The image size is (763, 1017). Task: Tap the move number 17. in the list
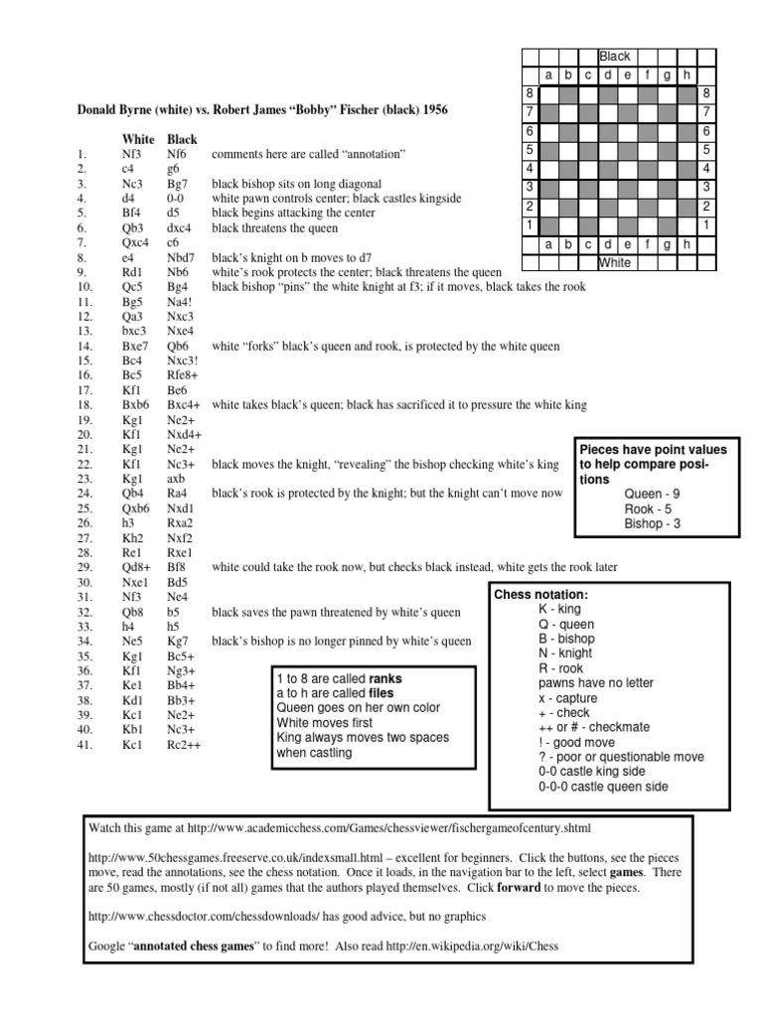coord(82,390)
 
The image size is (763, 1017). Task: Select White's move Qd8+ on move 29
coord(136,566)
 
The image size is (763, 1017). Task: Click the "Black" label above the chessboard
coord(613,57)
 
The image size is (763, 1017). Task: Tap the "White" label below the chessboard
coord(613,262)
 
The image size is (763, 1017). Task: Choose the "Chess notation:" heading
coord(542,594)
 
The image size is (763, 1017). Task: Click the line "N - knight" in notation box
coord(565,654)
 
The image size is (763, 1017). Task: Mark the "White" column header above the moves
coord(138,140)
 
